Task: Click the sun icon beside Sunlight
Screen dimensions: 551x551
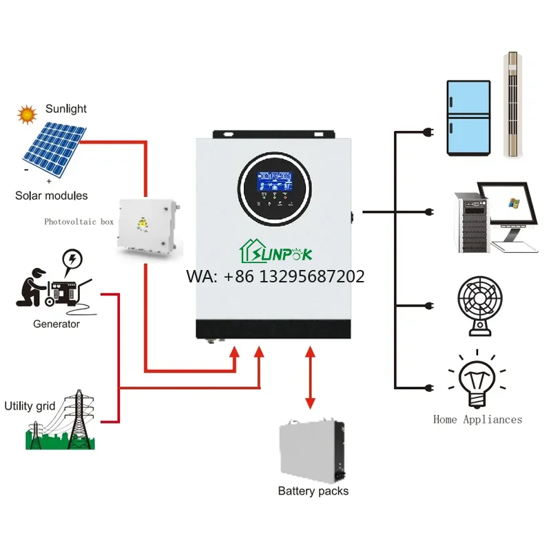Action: click(27, 114)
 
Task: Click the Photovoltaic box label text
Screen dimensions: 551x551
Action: click(79, 222)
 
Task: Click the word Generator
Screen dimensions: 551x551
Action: click(56, 324)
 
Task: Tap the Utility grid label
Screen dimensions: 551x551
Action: click(29, 406)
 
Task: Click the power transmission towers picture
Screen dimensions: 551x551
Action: click(65, 423)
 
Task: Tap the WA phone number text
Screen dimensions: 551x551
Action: click(275, 277)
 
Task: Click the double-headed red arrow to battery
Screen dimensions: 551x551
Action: click(310, 379)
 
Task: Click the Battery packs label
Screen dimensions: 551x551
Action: click(313, 491)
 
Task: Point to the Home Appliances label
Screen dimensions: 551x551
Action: click(477, 419)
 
